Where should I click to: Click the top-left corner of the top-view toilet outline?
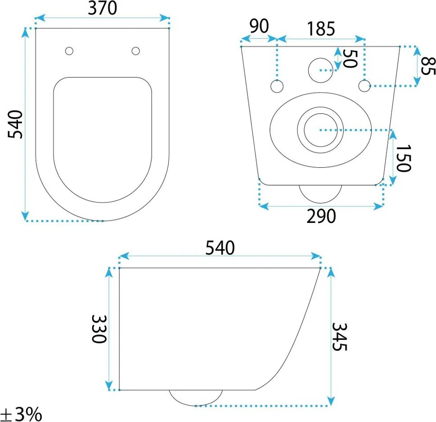point(36,28)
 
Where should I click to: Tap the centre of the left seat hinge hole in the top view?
point(69,51)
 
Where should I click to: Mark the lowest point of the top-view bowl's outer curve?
point(103,221)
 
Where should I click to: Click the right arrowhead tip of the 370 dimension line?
point(169,18)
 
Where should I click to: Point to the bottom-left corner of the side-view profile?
point(119,390)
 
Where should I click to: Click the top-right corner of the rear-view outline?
point(400,46)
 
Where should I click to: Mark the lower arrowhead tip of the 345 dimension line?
point(331,406)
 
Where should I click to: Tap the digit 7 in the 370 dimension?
point(102,9)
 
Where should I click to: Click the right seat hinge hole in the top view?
point(136,51)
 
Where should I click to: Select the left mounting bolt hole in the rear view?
point(277,86)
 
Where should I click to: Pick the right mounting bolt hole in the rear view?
point(364,85)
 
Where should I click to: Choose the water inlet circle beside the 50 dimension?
point(321,70)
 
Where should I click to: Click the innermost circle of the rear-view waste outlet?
point(321,130)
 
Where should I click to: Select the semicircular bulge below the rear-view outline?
point(320,194)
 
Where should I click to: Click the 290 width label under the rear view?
point(321,217)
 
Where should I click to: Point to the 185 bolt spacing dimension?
point(321,29)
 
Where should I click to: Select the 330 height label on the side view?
point(99,329)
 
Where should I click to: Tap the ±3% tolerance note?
point(21,414)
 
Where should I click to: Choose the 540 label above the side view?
point(220,248)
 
